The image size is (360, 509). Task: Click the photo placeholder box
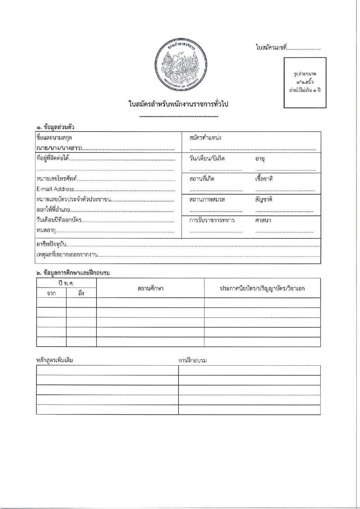(305, 83)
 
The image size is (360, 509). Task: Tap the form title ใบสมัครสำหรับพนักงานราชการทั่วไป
(179, 104)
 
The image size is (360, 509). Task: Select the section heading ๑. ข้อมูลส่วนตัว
(55, 127)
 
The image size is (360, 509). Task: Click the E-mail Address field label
(55, 189)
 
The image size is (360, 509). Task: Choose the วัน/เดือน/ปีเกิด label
(207, 159)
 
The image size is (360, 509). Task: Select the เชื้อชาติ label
(264, 179)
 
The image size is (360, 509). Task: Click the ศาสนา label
(263, 220)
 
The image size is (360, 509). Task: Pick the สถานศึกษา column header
(150, 288)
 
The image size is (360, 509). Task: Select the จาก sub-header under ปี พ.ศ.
(51, 293)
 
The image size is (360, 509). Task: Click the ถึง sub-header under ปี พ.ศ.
(81, 293)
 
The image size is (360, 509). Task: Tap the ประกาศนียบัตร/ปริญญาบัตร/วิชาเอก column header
(262, 288)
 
